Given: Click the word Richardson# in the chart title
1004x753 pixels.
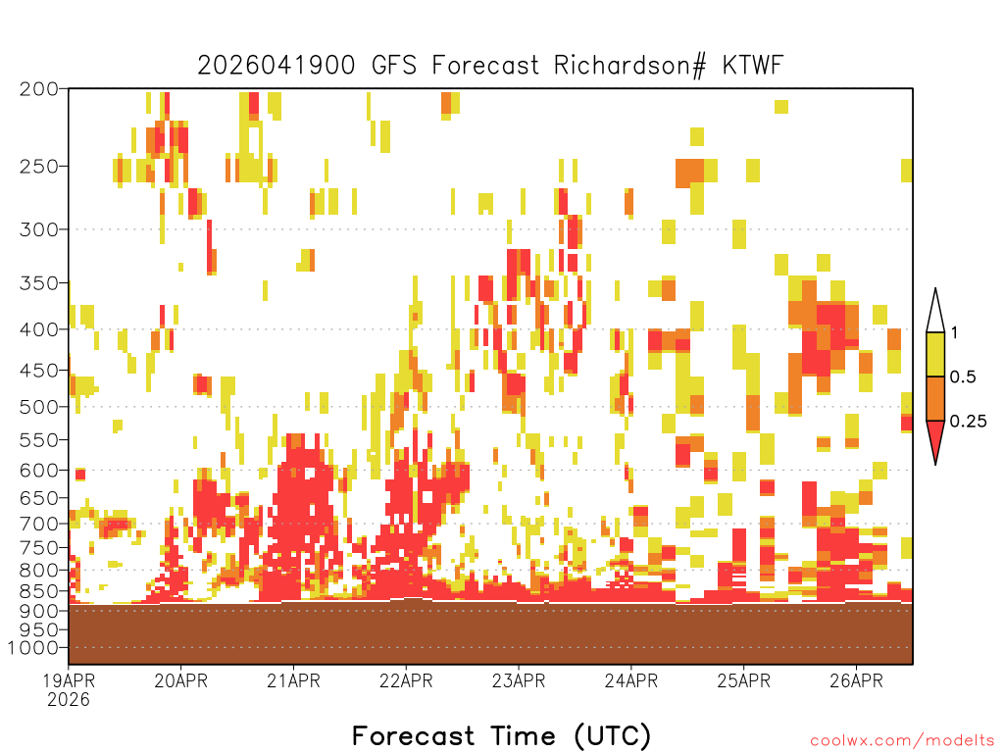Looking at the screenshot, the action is [630, 66].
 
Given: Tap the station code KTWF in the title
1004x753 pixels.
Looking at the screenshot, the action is [753, 66].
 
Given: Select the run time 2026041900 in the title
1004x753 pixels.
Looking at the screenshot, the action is [276, 66].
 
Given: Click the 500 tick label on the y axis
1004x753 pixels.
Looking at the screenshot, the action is [39, 407].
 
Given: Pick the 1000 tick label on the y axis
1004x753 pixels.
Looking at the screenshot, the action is [33, 648].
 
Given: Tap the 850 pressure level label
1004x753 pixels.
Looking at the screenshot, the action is [39, 591].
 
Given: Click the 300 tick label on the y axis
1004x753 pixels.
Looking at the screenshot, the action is [39, 229].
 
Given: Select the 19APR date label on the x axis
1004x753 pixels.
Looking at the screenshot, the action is [69, 680].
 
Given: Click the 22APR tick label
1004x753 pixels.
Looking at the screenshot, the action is [406, 680].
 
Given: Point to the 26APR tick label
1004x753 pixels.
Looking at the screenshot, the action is [856, 680].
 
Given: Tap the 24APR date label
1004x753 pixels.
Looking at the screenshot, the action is [631, 680].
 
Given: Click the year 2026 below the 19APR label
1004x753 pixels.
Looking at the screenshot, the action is [69, 700].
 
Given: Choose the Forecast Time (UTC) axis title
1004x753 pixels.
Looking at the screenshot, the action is [501, 735].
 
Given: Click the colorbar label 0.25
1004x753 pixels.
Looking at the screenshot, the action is [968, 422].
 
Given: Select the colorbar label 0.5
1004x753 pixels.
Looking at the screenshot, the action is [963, 376].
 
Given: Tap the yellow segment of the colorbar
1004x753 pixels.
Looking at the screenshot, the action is [935, 354].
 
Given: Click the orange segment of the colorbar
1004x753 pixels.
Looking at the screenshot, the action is [935, 398].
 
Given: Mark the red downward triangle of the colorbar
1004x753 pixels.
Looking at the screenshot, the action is [935, 436].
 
